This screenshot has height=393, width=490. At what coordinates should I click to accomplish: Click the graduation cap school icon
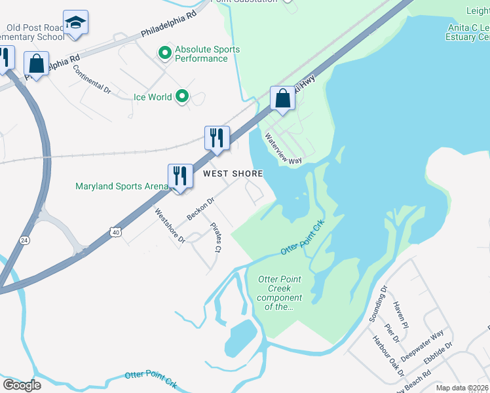pyautogui.click(x=76, y=23)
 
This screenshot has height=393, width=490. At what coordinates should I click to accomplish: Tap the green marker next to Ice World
pyautogui.click(x=182, y=97)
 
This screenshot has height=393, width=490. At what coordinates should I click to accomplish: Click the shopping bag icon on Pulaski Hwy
pyautogui.click(x=282, y=99)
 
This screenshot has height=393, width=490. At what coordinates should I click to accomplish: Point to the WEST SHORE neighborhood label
pyautogui.click(x=233, y=174)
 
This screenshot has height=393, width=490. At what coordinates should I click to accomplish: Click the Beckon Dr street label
pyautogui.click(x=200, y=209)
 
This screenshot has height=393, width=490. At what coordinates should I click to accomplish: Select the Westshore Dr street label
pyautogui.click(x=170, y=225)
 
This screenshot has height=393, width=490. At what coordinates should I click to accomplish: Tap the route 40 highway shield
pyautogui.click(x=115, y=232)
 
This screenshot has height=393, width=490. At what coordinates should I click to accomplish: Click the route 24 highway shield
pyautogui.click(x=25, y=240)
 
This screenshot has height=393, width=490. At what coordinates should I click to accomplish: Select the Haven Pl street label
pyautogui.click(x=401, y=316)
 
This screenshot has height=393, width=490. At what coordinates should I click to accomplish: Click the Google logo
pyautogui.click(x=21, y=385)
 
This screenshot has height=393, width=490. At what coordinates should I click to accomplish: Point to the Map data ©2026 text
pyautogui.click(x=462, y=388)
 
